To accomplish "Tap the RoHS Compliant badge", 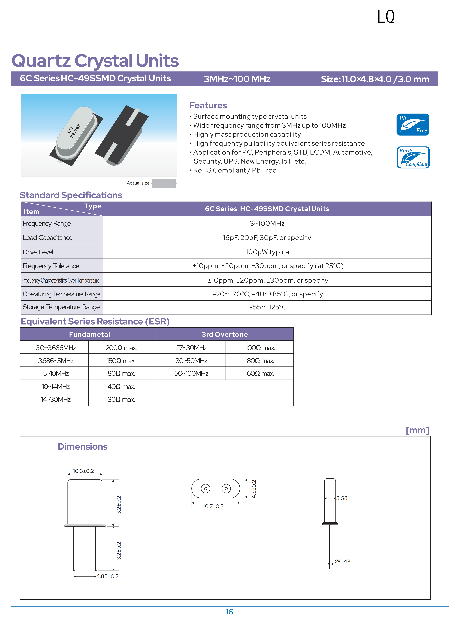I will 413,157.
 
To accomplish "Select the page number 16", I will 229,612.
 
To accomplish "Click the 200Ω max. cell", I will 121,348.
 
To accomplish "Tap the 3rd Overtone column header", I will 225,334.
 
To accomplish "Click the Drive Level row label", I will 38,252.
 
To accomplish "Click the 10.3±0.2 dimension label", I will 83,471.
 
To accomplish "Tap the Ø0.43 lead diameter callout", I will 342,561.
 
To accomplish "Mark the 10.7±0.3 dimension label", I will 213,506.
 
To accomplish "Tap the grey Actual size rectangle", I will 164,183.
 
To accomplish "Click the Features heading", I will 208,105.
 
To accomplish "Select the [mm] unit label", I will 417,430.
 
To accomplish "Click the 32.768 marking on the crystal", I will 75,131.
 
